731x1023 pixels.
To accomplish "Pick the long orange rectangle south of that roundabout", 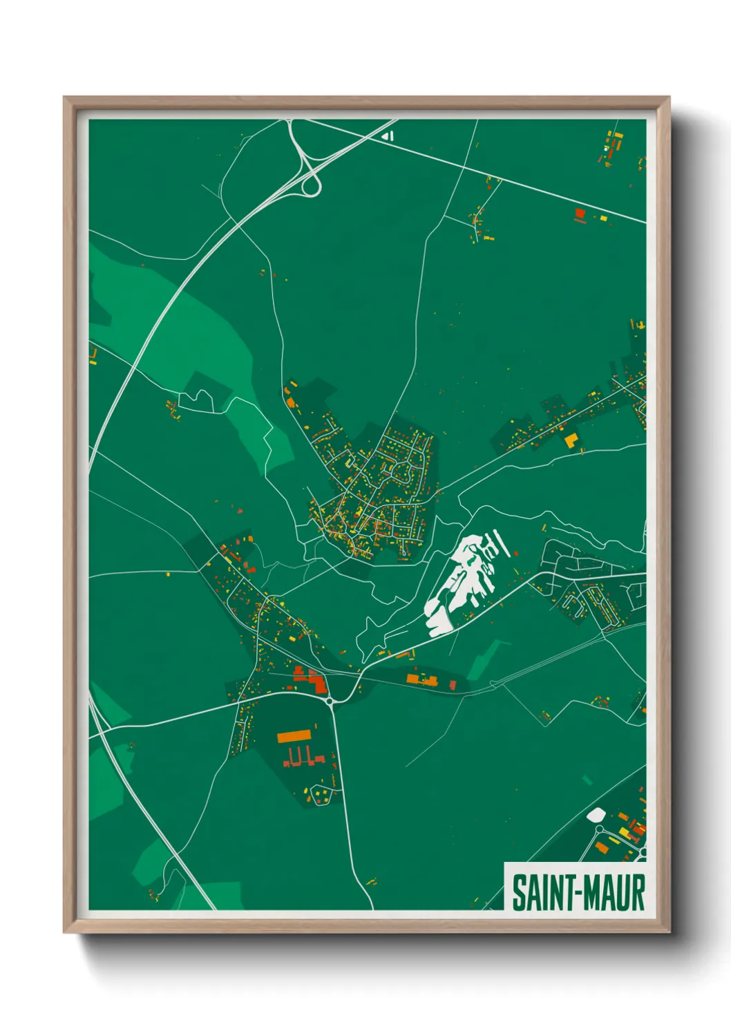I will tap(296, 736).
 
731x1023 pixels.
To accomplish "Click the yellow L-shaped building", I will tap(571, 441).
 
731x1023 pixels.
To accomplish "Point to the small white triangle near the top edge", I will tap(388, 136).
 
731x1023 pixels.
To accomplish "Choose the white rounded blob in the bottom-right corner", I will tap(596, 815).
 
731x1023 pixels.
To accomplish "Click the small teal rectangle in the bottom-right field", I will tap(587, 780).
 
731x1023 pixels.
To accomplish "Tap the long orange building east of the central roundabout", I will tap(421, 679).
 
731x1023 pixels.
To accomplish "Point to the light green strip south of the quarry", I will tap(486, 660).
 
